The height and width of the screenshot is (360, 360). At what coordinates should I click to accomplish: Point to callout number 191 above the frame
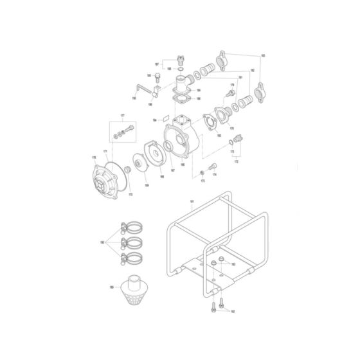(x=192, y=202)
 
